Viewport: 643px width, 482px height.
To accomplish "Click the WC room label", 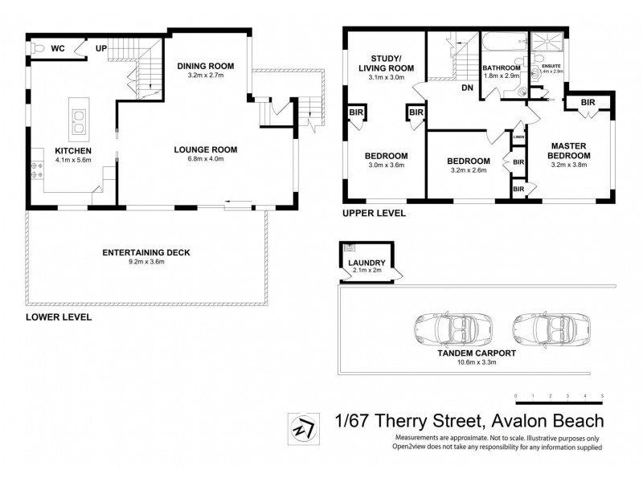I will click(x=58, y=49).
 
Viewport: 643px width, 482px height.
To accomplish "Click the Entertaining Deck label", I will click(x=145, y=251).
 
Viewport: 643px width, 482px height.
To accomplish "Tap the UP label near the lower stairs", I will click(x=102, y=49).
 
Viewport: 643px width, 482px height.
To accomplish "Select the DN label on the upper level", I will click(x=466, y=88).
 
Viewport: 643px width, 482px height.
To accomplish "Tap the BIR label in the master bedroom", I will click(x=588, y=102).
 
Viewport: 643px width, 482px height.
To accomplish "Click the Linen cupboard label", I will click(x=519, y=137).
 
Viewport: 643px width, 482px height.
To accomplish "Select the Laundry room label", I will click(x=366, y=263).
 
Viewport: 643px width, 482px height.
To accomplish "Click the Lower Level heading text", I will click(x=59, y=317).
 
